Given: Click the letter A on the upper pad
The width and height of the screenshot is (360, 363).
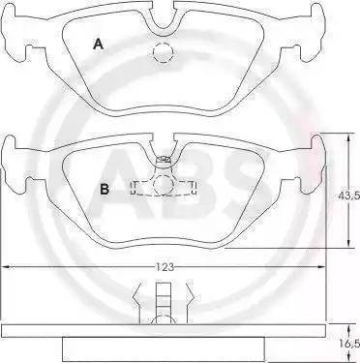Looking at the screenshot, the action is (99, 44).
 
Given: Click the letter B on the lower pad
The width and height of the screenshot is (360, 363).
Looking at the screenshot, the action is (105, 189).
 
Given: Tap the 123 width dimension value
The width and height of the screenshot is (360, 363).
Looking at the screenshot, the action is (165, 267).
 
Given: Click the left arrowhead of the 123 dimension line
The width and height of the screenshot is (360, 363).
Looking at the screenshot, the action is (7, 266).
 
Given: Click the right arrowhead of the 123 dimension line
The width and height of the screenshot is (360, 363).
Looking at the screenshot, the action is (320, 266).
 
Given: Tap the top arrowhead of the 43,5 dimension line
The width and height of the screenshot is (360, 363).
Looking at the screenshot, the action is (348, 137).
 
